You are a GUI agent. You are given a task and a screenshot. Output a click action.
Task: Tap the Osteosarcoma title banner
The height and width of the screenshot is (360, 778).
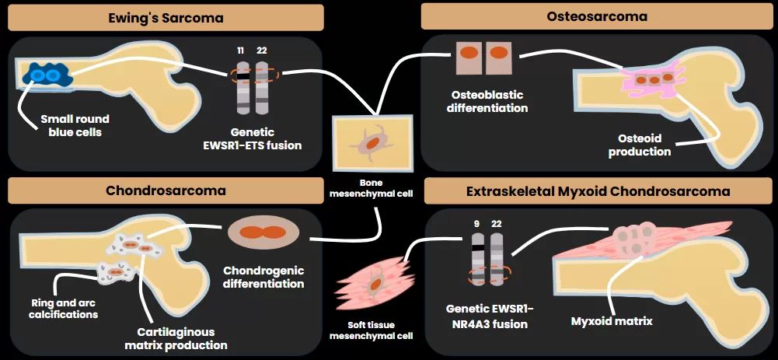(x=596, y=16)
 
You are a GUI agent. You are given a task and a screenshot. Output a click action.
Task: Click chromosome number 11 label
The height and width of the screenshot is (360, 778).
(x=240, y=51)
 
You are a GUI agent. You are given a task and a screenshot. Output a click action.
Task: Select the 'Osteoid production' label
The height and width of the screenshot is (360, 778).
(x=640, y=145)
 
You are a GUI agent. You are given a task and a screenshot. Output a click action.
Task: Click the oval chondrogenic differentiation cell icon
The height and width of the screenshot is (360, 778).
(x=263, y=232)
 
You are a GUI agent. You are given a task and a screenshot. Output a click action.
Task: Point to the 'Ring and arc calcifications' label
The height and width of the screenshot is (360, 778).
(x=65, y=309)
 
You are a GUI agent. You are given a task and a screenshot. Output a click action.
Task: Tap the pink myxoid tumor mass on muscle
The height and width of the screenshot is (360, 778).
(x=637, y=241)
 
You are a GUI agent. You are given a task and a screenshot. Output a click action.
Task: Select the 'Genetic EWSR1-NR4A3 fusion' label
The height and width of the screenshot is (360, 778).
(x=488, y=317)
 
